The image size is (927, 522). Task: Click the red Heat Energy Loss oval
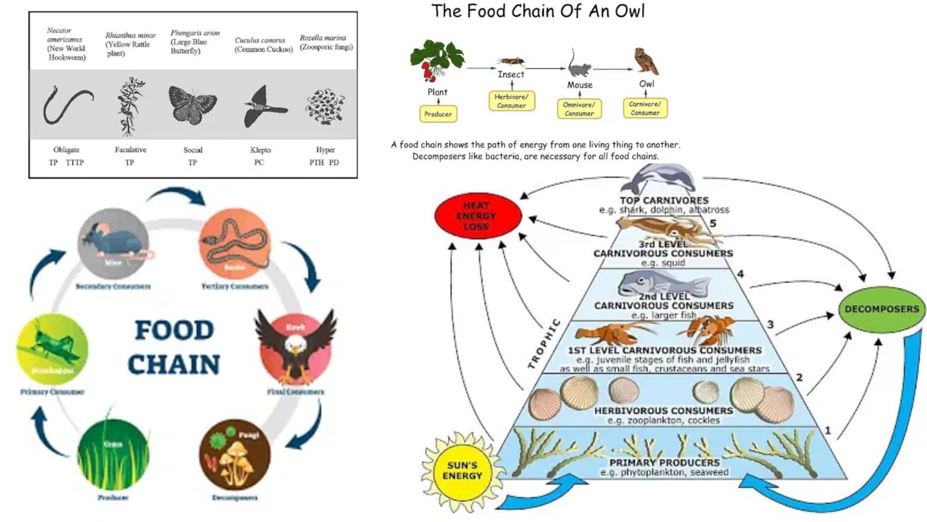[x=477, y=216]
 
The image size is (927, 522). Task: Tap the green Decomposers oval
[x=882, y=309]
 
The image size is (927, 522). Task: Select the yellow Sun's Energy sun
[x=462, y=471]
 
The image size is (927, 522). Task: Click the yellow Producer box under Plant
[x=438, y=114]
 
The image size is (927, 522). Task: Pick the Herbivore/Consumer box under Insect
[x=511, y=101]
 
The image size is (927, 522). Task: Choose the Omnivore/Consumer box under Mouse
[x=579, y=109]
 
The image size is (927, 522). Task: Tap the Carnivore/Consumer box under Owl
[x=645, y=108]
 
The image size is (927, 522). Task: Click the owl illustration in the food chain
[x=646, y=62]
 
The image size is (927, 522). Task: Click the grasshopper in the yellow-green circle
[x=52, y=347]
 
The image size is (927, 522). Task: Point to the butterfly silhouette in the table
[x=192, y=104]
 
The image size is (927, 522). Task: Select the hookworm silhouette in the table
[x=66, y=104]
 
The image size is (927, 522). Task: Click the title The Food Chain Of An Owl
[x=538, y=11]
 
